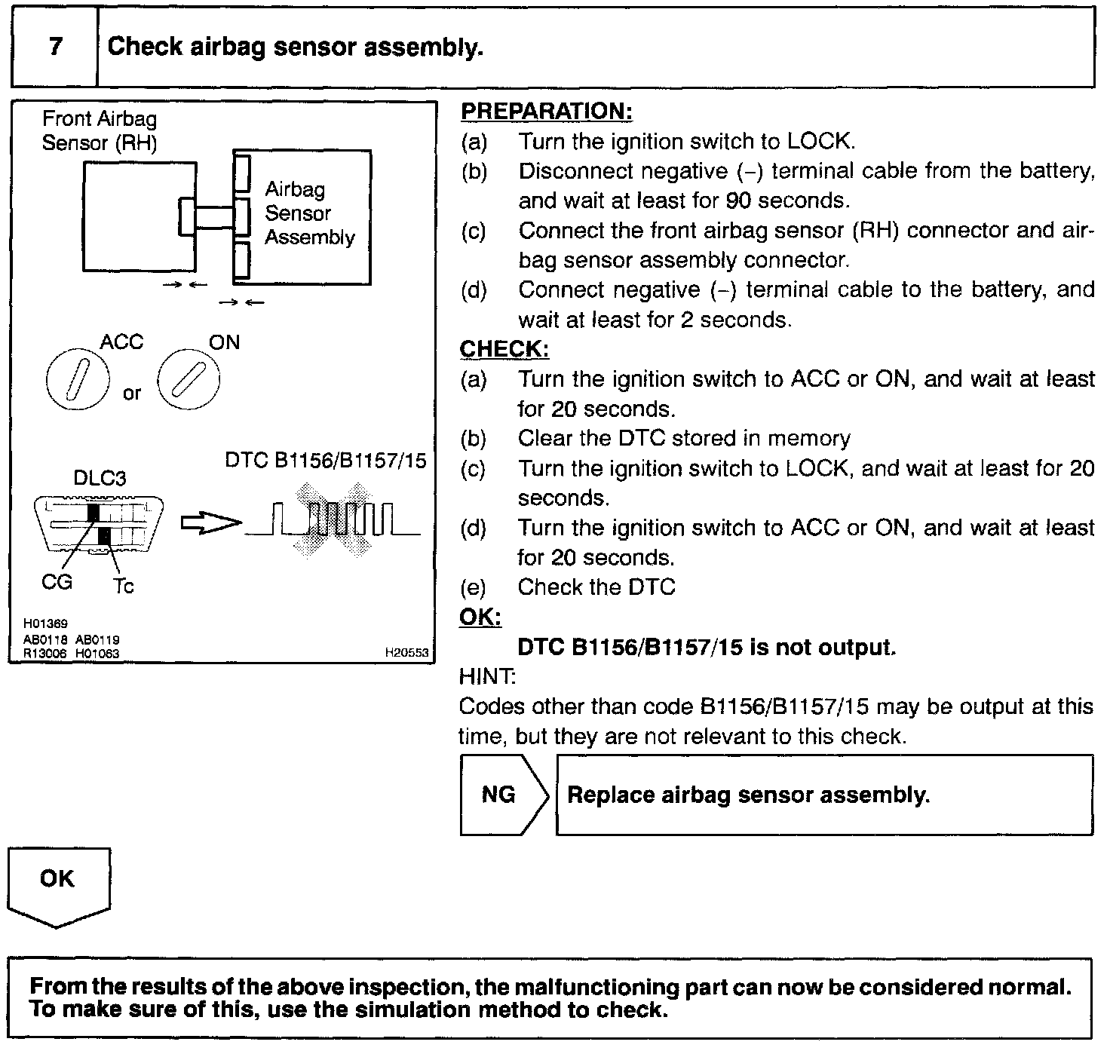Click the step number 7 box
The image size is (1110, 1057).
coord(54,47)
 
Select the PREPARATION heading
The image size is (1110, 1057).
coord(546,112)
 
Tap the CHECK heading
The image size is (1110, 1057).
coord(504,350)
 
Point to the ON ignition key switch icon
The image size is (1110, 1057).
coord(189,379)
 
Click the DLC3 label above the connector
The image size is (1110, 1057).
coord(100,478)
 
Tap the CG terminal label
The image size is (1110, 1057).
coord(57,582)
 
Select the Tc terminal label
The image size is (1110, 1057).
coord(123,586)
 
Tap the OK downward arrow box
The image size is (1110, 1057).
coord(58,884)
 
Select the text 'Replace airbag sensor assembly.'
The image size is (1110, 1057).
coord(748,795)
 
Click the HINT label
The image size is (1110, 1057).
coord(487,677)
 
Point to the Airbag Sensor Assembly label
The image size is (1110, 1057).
coord(309,213)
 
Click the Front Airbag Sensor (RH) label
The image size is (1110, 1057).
coord(100,130)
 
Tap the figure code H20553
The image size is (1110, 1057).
coord(406,654)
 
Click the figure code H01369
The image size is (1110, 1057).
coord(45,623)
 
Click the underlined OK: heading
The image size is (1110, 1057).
coord(480,617)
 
